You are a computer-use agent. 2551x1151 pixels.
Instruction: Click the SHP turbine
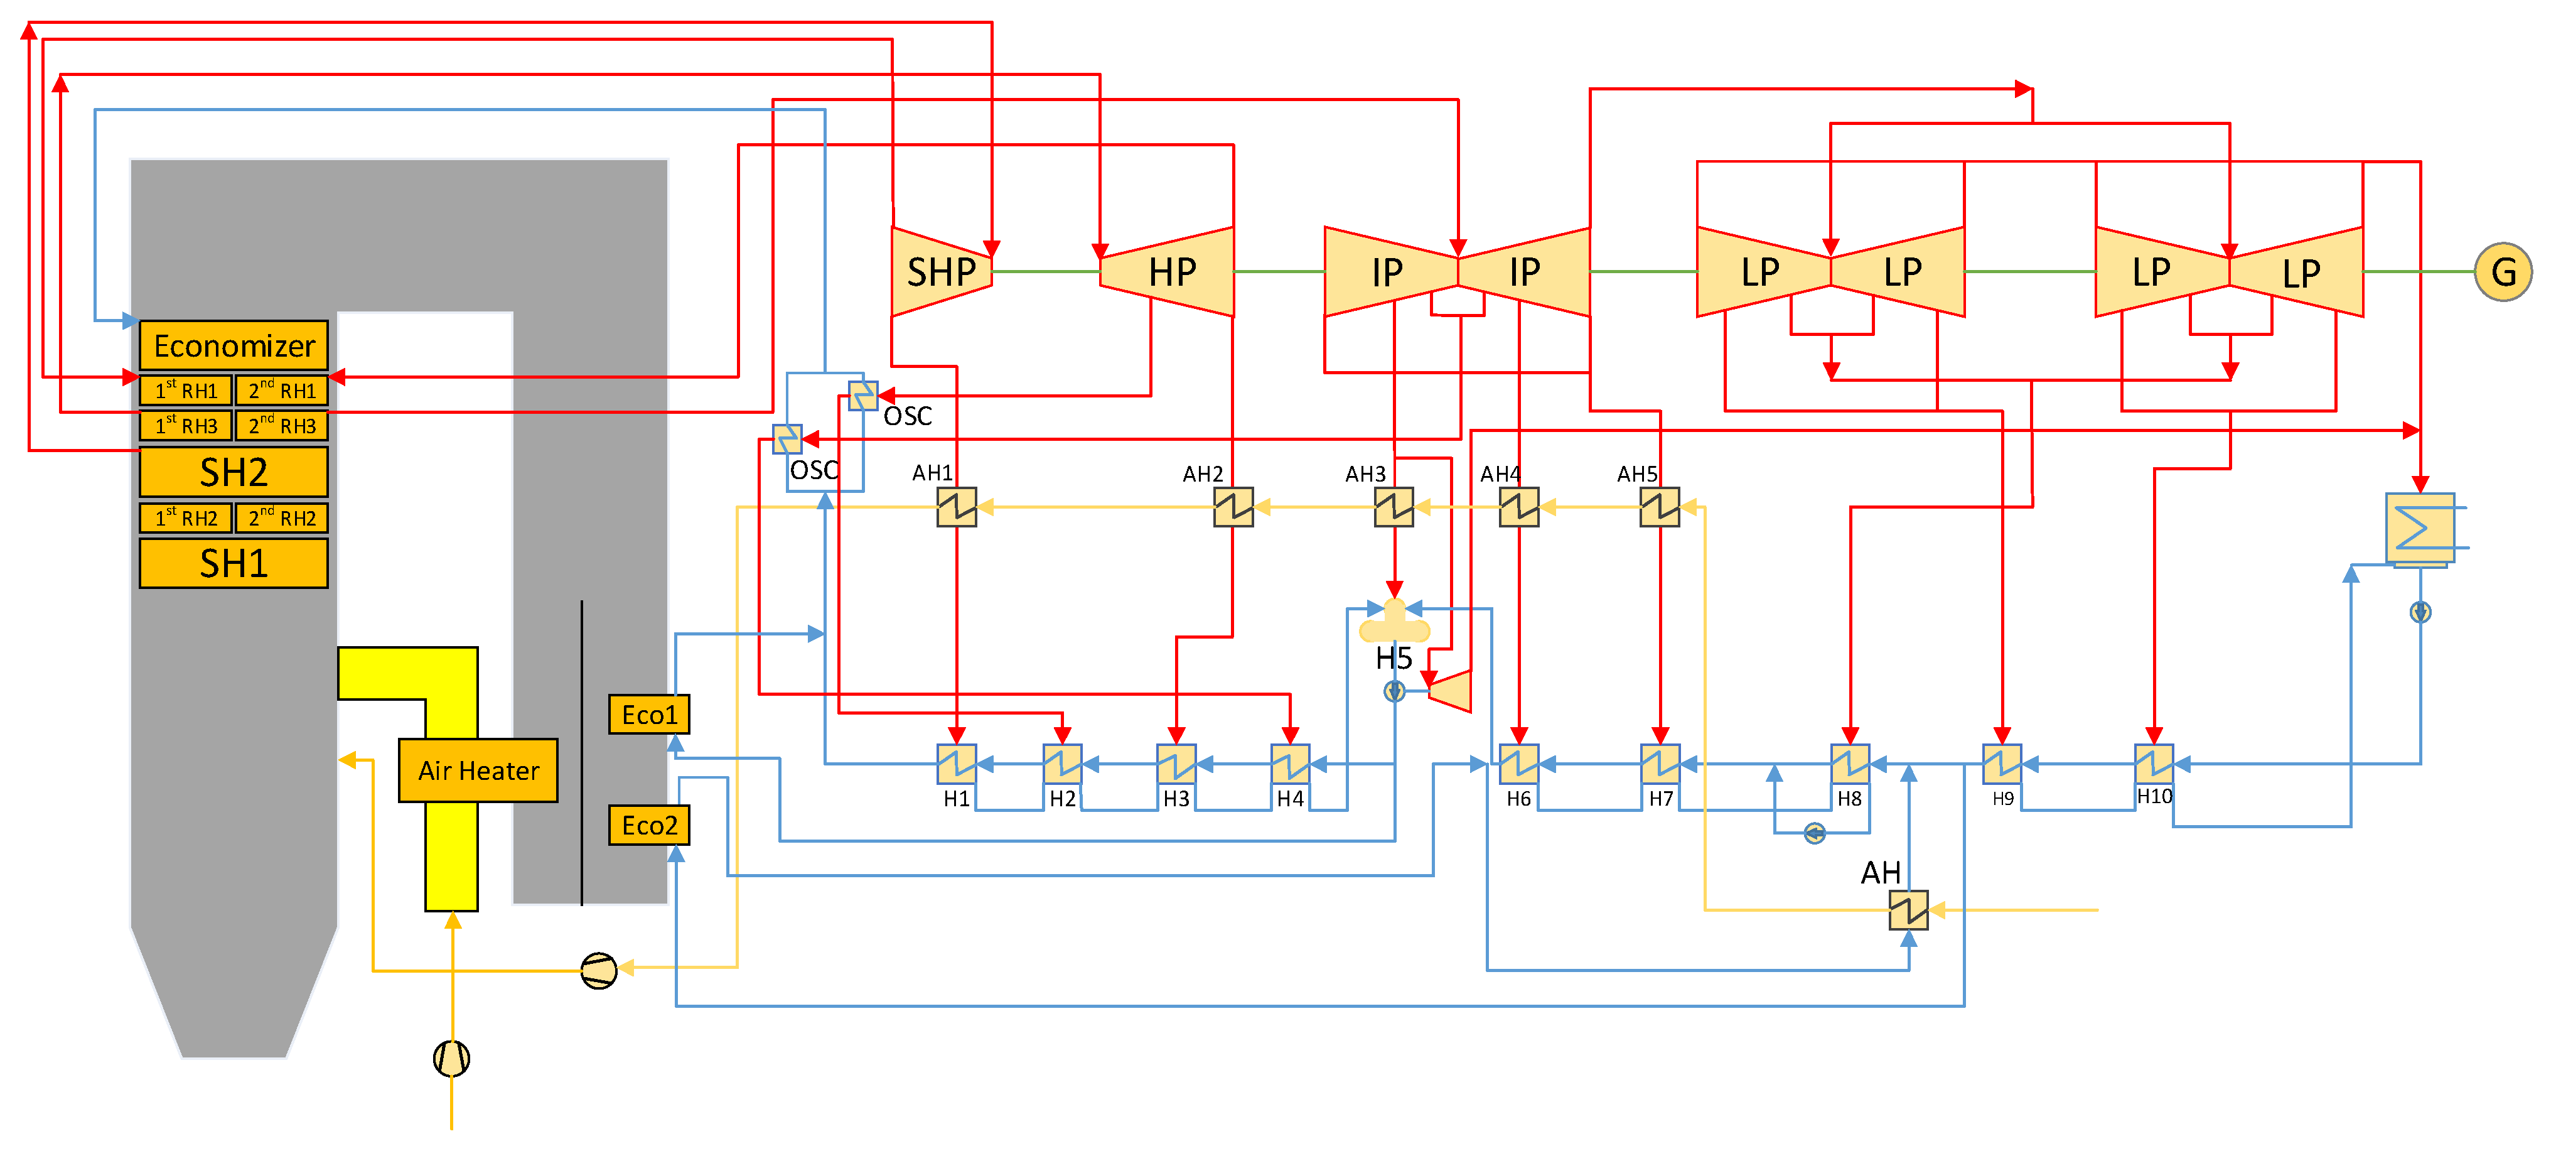point(941,271)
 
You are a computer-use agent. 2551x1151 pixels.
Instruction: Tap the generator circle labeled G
point(2503,271)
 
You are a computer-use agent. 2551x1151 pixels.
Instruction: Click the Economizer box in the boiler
point(234,346)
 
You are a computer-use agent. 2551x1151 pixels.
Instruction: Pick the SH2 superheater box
point(234,472)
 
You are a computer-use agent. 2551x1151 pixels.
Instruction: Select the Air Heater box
point(478,770)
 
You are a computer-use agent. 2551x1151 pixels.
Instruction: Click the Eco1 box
point(648,714)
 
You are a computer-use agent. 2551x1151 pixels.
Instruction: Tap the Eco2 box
point(648,825)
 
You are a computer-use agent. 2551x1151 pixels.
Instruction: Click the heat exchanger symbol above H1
point(957,764)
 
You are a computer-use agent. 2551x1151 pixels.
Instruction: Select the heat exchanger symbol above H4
point(1291,764)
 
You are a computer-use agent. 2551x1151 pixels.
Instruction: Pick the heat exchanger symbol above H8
point(1850,764)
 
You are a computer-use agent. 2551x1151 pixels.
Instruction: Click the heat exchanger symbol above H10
point(2154,764)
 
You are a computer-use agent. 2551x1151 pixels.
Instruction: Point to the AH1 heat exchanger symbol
point(957,507)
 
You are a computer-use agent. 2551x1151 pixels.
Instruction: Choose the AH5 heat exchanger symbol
point(1660,507)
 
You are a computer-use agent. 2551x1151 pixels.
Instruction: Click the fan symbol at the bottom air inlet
point(451,1058)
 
